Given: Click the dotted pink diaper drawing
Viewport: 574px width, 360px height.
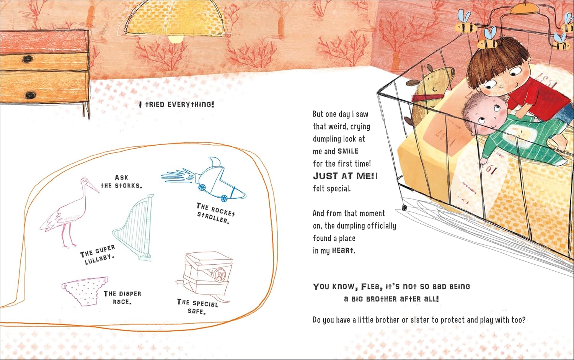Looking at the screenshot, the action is click(x=85, y=291).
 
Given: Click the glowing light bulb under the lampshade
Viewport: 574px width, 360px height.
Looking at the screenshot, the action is click(x=176, y=38).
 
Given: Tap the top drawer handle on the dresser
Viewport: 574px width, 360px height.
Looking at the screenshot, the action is click(x=27, y=59).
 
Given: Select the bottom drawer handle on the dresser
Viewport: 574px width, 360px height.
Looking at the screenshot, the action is click(x=30, y=95).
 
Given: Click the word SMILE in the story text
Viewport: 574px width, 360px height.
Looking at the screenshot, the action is click(x=348, y=151).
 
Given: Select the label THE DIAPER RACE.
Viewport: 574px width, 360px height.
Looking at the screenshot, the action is click(x=122, y=298).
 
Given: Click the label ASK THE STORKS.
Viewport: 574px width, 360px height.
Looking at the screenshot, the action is click(x=121, y=182).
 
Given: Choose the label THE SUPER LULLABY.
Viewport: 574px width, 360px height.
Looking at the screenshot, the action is click(x=97, y=255).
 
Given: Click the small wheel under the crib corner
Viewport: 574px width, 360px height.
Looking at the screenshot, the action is click(x=404, y=207).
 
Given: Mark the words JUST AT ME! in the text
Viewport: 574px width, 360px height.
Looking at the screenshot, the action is click(x=343, y=176).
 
